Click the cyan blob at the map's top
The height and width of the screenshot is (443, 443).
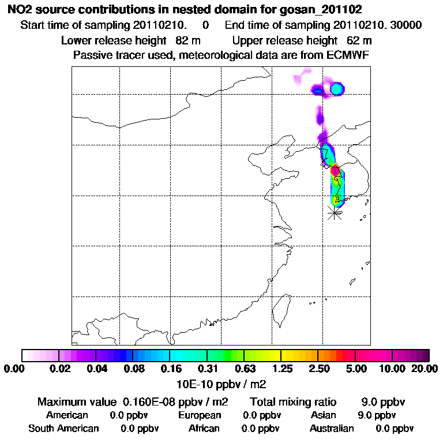(x=337, y=89)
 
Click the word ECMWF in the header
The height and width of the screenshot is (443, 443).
(x=350, y=55)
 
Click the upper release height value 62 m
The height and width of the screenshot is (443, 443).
(x=359, y=40)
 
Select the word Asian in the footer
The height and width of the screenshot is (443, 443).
(x=323, y=415)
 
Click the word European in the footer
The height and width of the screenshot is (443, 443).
(x=200, y=415)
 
